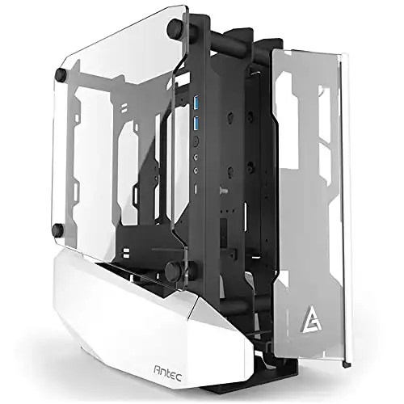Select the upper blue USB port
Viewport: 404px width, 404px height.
coord(196,103)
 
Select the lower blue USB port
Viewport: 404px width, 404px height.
coord(196,123)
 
